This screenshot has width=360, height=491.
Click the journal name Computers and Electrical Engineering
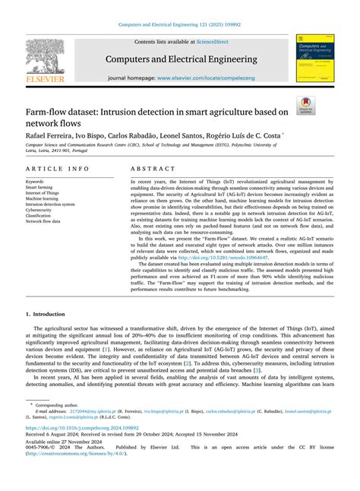(x=180, y=58)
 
